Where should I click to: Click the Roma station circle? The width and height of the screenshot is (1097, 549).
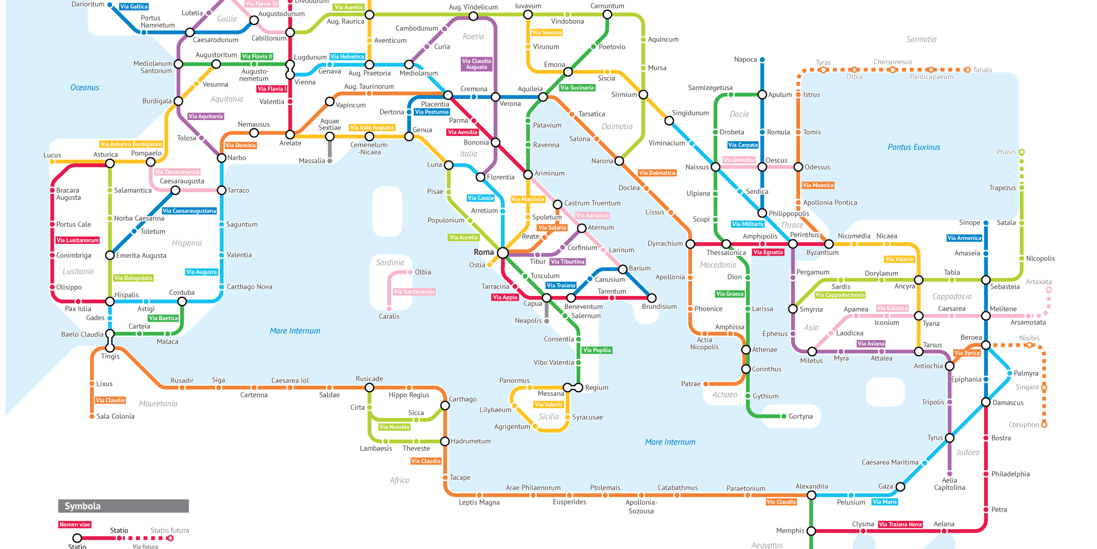click(x=503, y=253)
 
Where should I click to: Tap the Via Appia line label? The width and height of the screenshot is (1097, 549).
click(x=505, y=297)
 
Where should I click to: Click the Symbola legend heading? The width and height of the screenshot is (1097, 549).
click(x=83, y=506)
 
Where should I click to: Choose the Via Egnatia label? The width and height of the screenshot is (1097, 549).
click(x=768, y=252)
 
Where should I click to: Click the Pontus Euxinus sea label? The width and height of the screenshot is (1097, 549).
click(x=914, y=147)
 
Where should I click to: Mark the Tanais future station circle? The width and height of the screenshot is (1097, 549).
click(x=967, y=69)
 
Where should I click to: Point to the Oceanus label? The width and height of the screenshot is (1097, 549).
click(x=84, y=87)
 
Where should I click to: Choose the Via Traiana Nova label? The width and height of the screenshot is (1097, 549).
click(x=900, y=524)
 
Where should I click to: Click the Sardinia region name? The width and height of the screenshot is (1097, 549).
click(x=390, y=262)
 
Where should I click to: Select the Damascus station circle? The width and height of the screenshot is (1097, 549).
click(x=986, y=402)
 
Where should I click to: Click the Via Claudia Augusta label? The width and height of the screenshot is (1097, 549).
click(x=476, y=64)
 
